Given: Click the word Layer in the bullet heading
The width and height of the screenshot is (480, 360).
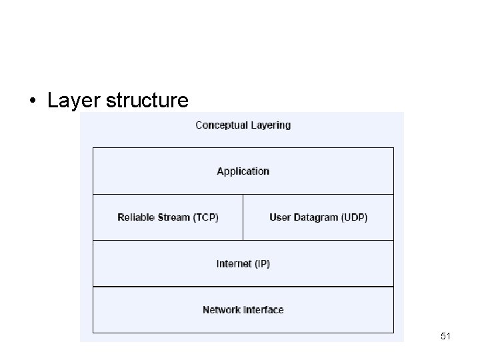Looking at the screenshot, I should [x=71, y=101].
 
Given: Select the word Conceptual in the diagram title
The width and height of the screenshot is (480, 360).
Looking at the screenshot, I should [x=222, y=125].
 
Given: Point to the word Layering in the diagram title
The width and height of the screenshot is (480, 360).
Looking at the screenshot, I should [x=271, y=125].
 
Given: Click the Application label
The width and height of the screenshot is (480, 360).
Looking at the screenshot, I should [x=243, y=171].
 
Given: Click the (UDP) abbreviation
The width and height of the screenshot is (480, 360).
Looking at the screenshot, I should [x=355, y=217].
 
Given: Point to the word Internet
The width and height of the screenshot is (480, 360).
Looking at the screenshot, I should [x=233, y=264].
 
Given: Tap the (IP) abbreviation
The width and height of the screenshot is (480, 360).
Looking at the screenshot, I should [x=261, y=264].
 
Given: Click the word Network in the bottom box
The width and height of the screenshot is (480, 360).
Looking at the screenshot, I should [x=221, y=310].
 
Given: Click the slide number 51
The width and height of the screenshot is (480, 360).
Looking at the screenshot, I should [x=445, y=337].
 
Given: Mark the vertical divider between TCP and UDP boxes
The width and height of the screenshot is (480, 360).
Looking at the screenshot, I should [x=243, y=217].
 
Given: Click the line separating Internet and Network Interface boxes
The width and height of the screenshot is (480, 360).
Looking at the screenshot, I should [x=243, y=287].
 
